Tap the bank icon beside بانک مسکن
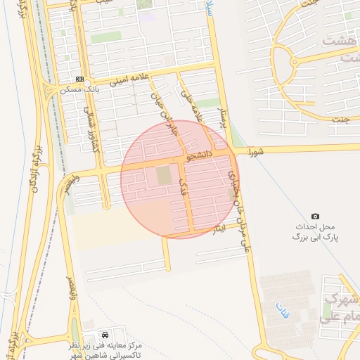(79, 79)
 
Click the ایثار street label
(219, 231)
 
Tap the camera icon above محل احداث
(315, 216)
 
